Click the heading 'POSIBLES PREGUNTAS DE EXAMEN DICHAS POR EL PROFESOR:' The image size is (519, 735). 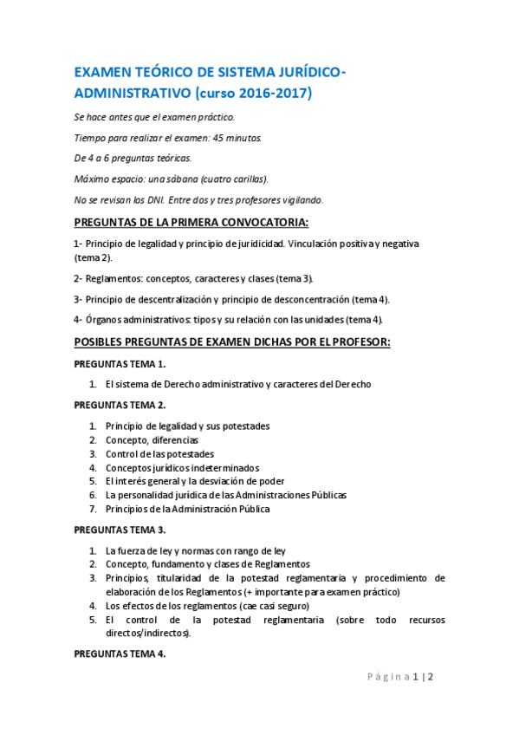(232, 342)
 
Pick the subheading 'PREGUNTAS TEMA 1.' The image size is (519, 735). (120, 364)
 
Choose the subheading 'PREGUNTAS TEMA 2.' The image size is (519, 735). (120, 405)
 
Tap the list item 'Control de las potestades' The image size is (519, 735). (159, 453)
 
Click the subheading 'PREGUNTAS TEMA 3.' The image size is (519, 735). (120, 530)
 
